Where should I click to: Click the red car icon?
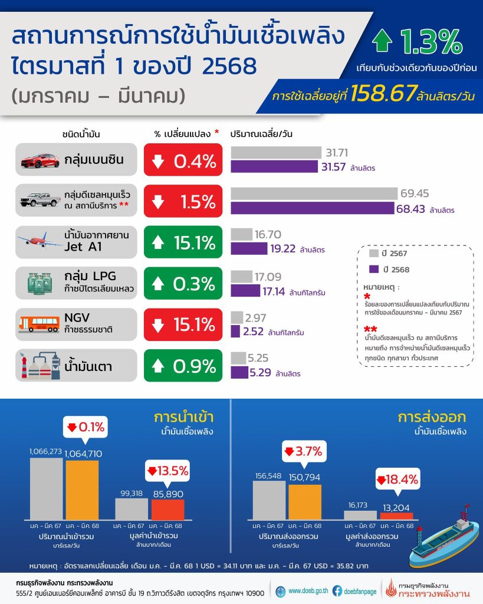(40, 160)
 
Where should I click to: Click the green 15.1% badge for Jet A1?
(183, 242)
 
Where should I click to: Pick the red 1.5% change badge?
(183, 201)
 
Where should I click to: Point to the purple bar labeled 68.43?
(311, 209)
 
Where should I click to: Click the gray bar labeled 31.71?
(275, 153)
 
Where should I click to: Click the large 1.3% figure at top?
(430, 42)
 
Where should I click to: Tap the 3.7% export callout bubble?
(303, 452)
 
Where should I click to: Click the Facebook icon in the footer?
(337, 589)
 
